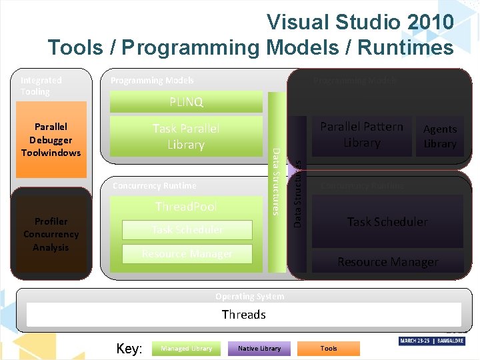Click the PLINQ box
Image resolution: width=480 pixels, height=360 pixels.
[186, 102]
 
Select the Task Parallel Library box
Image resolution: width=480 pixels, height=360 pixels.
[186, 137]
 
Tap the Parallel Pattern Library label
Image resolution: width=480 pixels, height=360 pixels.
[361, 135]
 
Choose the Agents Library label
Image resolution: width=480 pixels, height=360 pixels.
[440, 136]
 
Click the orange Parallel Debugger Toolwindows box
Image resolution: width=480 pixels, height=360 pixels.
[51, 139]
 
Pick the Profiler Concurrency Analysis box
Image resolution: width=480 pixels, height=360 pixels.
[51, 234]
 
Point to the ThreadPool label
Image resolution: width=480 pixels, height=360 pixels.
[186, 207]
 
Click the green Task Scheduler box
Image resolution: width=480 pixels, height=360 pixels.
[187, 230]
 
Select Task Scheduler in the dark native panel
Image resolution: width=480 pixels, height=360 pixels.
[387, 222]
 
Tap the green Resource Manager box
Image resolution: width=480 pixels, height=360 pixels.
[187, 254]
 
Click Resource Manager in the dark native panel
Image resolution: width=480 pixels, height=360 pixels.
[387, 262]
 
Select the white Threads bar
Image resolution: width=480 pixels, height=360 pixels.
[243, 315]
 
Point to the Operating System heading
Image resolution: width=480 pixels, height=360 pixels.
[249, 297]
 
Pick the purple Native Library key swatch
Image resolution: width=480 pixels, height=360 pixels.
[259, 348]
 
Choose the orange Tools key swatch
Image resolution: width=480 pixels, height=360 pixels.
[329, 348]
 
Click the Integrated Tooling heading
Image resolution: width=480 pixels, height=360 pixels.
[41, 85]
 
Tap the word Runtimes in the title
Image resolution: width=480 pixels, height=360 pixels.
[406, 47]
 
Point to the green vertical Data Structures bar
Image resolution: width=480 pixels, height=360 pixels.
[275, 181]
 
